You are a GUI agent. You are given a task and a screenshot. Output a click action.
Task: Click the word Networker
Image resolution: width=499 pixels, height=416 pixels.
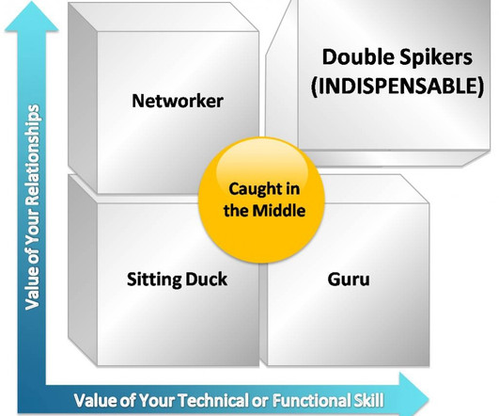pyautogui.click(x=178, y=101)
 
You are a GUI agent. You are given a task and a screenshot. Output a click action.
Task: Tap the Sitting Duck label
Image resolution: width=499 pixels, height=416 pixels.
pyautogui.click(x=177, y=280)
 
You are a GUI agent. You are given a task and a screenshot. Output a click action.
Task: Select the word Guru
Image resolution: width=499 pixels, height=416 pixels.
pyautogui.click(x=349, y=280)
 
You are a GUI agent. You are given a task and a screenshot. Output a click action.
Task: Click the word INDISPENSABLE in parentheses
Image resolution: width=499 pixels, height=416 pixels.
pyautogui.click(x=398, y=86)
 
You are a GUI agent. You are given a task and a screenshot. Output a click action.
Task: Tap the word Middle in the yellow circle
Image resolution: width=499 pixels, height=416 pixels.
pyautogui.click(x=279, y=211)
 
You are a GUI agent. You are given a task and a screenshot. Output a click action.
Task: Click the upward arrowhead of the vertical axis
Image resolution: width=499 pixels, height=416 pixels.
pyautogui.click(x=32, y=18)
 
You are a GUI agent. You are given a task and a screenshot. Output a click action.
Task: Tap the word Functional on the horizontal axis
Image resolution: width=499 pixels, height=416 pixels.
pyautogui.click(x=311, y=400)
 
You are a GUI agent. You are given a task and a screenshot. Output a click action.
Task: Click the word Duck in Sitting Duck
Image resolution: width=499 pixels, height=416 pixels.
pyautogui.click(x=206, y=279)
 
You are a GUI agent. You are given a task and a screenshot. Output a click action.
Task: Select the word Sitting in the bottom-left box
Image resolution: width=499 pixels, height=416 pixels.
pyautogui.click(x=154, y=280)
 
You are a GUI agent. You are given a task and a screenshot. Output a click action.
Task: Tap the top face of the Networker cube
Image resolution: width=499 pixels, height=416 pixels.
pyautogui.click(x=163, y=17)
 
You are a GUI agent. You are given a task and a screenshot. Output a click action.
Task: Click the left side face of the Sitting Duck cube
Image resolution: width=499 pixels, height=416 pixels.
pyautogui.click(x=83, y=270)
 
